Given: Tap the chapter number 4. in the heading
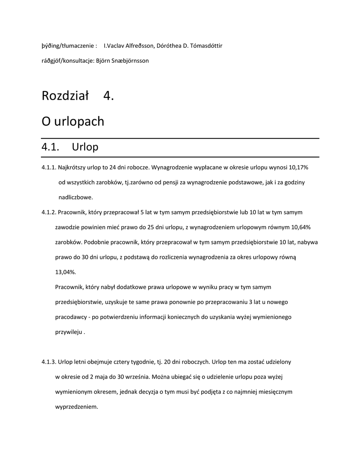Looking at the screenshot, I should tap(109, 96).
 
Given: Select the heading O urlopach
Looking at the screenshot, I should tap(73, 122).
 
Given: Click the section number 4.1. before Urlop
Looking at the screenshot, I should tap(51, 147).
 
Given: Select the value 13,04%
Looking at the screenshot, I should tap(66, 272).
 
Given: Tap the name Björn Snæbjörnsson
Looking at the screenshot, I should tap(122, 61).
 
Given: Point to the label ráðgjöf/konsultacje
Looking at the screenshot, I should tap(67, 61).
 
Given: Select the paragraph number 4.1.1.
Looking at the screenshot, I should tap(49, 167).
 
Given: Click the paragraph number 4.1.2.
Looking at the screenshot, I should tap(49, 212).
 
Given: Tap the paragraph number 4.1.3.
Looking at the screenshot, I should tap(49, 362).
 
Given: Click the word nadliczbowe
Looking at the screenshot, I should tap(76, 197).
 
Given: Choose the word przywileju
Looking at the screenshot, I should tap(69, 332).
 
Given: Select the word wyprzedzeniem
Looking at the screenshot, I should tap(76, 406).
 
